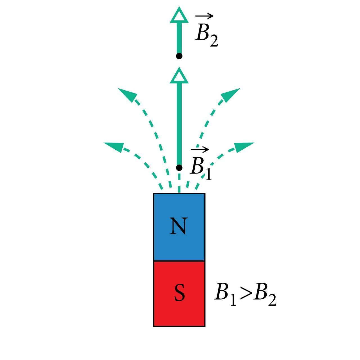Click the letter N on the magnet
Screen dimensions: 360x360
pyautogui.click(x=178, y=226)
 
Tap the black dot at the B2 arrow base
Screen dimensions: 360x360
pyautogui.click(x=179, y=56)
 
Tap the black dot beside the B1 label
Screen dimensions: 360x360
pyautogui.click(x=179, y=168)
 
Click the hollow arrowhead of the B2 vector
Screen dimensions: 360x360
pyautogui.click(x=179, y=15)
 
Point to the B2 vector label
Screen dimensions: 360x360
pyautogui.click(x=206, y=34)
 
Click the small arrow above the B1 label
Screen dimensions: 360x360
pyautogui.click(x=199, y=150)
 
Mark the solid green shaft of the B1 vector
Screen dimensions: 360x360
pyautogui.click(x=179, y=124)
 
